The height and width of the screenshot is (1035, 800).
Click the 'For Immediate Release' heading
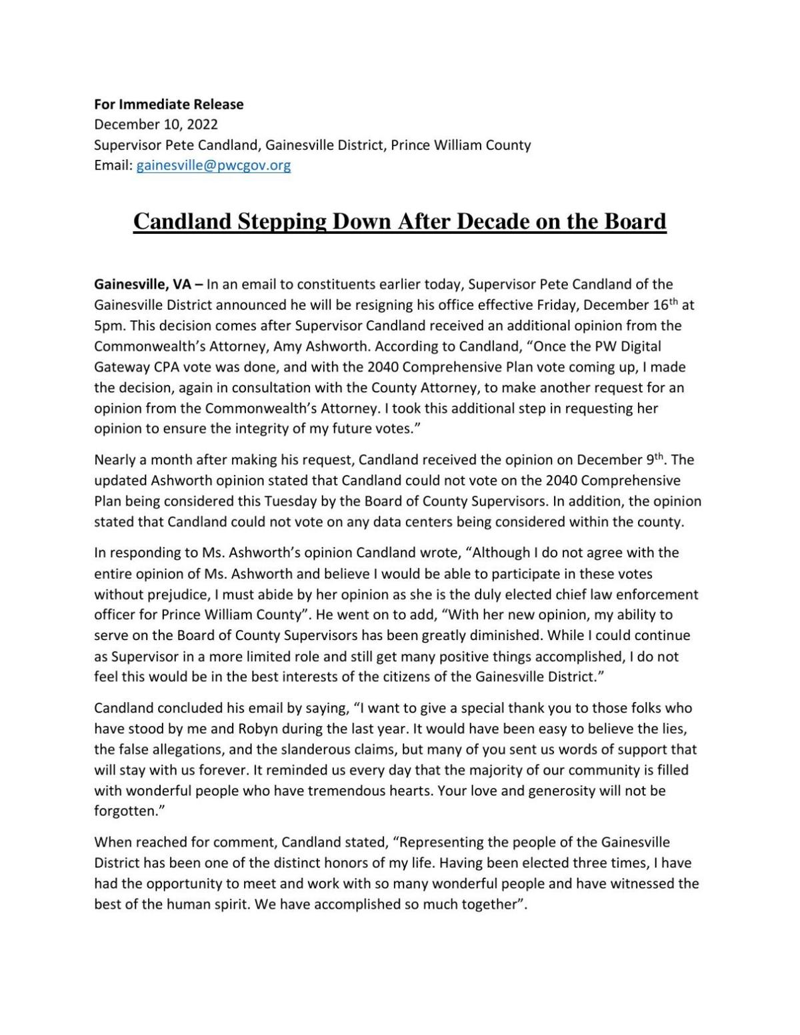coord(169,104)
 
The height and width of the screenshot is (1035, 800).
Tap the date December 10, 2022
coord(156,125)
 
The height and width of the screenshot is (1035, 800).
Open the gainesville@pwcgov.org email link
coord(213,165)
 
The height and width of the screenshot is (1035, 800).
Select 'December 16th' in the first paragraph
coord(627,306)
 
